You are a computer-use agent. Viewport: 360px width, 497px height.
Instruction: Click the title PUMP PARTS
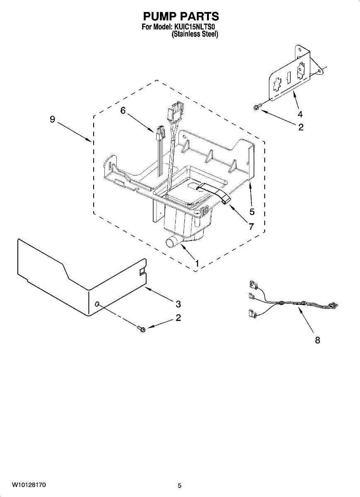[x=181, y=16]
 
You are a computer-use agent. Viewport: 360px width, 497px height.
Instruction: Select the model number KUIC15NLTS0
[x=195, y=27]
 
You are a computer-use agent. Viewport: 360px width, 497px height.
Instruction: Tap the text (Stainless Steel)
[x=195, y=35]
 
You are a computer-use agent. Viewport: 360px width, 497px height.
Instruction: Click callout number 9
[x=52, y=119]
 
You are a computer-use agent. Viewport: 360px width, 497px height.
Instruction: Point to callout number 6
[x=123, y=110]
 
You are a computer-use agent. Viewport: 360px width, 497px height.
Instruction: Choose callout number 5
[x=252, y=211]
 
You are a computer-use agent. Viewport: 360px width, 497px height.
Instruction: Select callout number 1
[x=197, y=263]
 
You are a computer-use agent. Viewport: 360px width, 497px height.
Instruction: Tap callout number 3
[x=178, y=304]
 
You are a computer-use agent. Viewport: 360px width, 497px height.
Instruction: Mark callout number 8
[x=317, y=340]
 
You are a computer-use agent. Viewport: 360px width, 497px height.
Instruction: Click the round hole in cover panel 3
[x=97, y=305]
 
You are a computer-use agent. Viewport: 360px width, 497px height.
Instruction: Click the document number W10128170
[x=29, y=484]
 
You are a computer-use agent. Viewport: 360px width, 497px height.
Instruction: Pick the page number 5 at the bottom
[x=179, y=485]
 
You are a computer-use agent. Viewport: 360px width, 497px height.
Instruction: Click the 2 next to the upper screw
[x=301, y=127]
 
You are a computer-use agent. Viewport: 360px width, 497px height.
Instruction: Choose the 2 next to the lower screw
[x=178, y=318]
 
